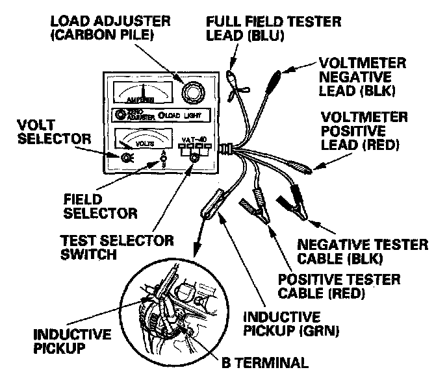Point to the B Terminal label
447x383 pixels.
(x=266, y=362)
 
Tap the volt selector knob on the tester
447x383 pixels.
(x=127, y=158)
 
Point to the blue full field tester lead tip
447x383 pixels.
(x=233, y=79)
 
